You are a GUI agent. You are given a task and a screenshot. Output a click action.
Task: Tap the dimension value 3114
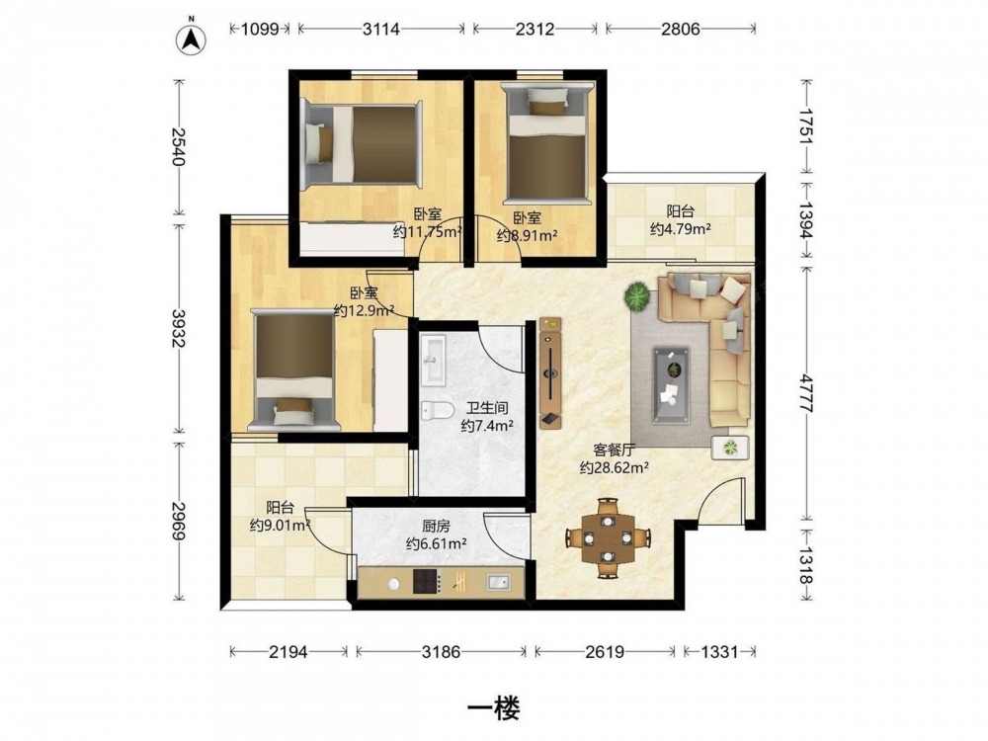380,29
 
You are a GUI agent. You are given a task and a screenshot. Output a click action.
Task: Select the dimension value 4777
806,392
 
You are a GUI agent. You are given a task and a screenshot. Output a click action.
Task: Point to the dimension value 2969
178,521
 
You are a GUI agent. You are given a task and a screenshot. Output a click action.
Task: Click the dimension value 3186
441,651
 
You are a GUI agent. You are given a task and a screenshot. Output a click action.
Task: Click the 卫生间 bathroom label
487,408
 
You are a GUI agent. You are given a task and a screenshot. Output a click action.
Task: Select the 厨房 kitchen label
436,526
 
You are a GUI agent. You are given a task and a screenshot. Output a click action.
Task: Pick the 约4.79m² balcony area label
681,229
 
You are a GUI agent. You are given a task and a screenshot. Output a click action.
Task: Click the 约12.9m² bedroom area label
364,310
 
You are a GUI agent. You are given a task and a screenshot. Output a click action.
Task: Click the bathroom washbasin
433,359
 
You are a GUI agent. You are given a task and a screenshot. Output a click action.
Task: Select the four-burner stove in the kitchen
427,581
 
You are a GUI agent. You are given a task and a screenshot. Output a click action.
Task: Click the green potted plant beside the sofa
638,295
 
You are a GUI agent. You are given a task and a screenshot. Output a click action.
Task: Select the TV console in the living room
550,372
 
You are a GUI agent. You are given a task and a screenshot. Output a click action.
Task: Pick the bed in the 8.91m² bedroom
547,143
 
